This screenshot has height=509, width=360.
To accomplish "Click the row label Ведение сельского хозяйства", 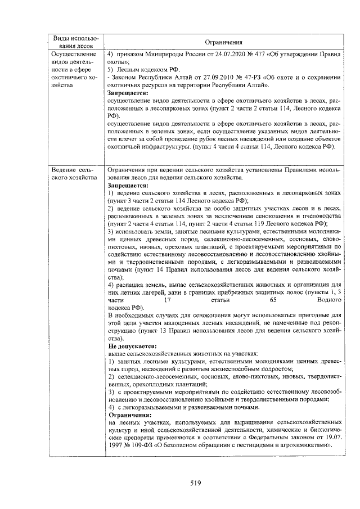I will tap(71, 173).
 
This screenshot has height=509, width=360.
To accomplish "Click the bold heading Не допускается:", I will tap(129, 347).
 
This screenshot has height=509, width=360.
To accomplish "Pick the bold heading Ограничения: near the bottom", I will tap(129, 414).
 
